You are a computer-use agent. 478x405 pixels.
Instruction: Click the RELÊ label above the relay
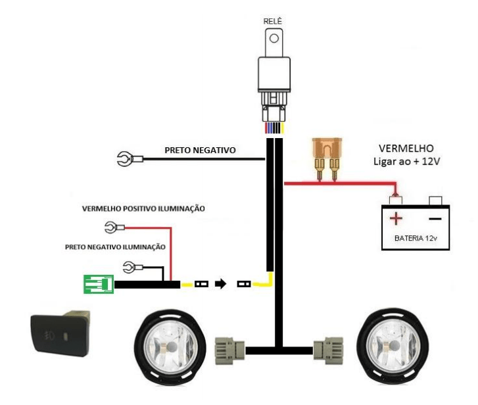pos(273,21)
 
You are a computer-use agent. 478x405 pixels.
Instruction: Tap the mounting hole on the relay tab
pos(274,38)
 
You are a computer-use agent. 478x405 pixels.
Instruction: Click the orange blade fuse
pos(327,159)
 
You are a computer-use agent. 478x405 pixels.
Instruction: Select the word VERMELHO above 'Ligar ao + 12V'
pos(406,149)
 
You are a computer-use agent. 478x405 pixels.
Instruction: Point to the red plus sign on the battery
pos(396,218)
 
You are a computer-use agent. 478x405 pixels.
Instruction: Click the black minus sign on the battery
pos(435,218)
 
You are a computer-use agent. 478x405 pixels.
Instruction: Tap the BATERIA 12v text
pos(416,238)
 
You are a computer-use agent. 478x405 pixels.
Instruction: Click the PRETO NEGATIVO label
pos(201,151)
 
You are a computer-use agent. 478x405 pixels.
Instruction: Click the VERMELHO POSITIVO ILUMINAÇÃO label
pos(143,209)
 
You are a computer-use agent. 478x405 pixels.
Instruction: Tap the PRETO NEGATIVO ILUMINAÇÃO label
pos(115,247)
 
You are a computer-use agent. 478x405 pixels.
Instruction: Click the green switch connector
pos(99,284)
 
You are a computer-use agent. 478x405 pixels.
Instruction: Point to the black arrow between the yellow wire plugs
pos(221,284)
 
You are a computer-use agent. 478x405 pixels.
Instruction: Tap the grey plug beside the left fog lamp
pos(230,350)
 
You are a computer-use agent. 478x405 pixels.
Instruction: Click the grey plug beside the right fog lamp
pos(328,350)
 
